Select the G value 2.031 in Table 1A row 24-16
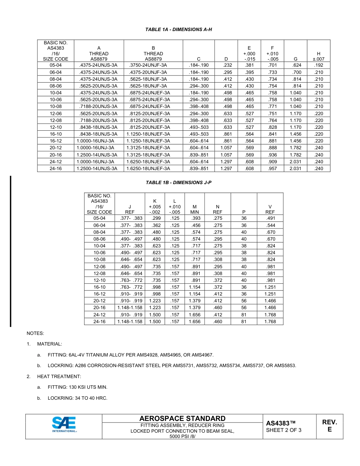pos(295,169)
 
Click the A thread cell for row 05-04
pos(99,65)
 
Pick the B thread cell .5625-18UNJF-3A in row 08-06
pos(153,86)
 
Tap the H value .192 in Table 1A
pos(318,65)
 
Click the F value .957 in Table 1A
pos(272,169)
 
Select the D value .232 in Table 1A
pos(226,65)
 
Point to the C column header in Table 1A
pos(199,59)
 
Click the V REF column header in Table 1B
pos(270,210)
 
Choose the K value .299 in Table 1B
pos(156,218)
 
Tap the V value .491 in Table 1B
pos(270,218)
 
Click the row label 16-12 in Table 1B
pos(99,294)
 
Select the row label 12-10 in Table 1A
pos(55,127)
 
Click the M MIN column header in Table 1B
pos(194,210)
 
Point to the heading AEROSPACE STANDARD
pos(182,418)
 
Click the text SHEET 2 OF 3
pos(284,430)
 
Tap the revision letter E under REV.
pos(329,430)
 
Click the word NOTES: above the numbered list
pos(35,333)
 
